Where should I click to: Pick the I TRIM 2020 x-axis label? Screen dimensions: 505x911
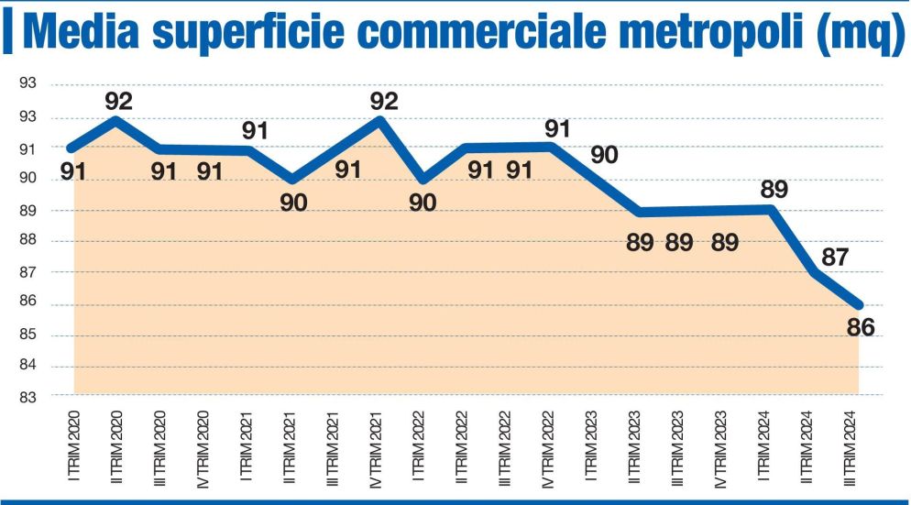tap(71, 445)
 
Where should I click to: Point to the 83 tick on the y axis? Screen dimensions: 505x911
tap(27, 397)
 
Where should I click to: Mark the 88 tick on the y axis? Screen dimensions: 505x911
tap(27, 241)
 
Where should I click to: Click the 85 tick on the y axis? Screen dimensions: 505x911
tap(27, 335)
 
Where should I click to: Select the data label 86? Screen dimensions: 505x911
tap(861, 326)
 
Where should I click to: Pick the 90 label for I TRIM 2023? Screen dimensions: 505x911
tap(604, 153)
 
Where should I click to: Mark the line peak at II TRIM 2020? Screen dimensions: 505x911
tap(115, 119)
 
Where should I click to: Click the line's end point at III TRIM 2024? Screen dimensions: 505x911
tap(859, 305)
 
